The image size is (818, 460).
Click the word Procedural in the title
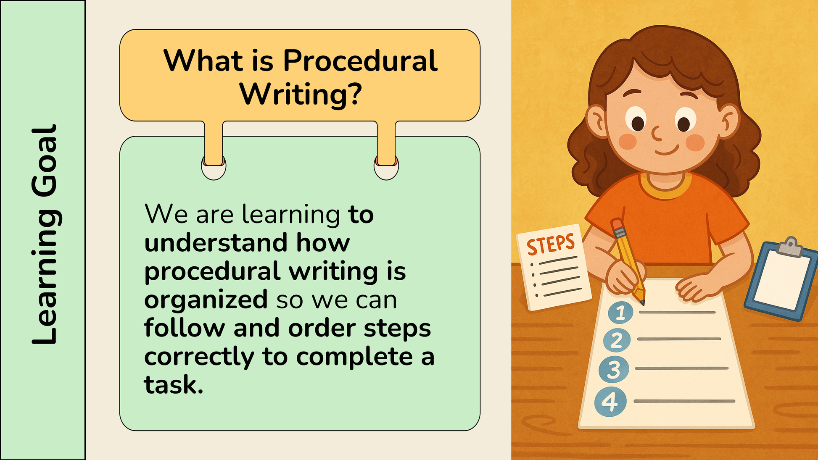coord(360,60)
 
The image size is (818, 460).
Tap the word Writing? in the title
coord(301,95)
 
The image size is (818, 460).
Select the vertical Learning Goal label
coord(45,234)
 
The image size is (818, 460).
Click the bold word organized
coord(206,300)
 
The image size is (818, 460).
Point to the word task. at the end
coord(174,384)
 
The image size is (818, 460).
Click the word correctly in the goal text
coord(199,357)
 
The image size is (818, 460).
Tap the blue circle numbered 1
coord(620,313)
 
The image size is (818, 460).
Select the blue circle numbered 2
coord(617,340)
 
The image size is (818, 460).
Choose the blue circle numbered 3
coord(614,370)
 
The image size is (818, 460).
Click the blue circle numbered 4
coord(610,402)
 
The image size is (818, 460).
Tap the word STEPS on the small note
coord(551,245)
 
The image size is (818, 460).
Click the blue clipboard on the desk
coord(780,279)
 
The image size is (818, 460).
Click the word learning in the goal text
coord(291,215)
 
